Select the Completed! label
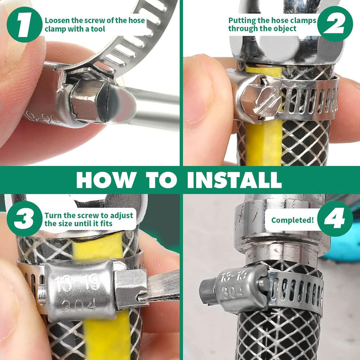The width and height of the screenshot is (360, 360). pos(292,220)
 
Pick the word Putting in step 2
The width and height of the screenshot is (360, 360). pos(242,21)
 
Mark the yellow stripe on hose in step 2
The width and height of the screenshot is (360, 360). pos(262,144)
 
